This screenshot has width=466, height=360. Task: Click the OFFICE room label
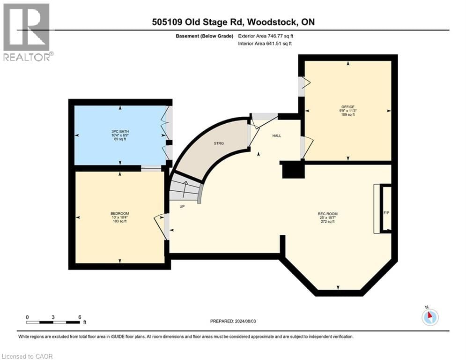348,107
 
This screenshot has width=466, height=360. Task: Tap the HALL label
277,135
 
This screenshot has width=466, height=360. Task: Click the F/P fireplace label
386,213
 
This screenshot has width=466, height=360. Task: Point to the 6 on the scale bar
80,317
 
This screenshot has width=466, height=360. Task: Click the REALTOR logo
27,32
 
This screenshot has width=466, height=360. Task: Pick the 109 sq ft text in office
348,115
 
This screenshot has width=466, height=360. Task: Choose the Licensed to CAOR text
28,356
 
